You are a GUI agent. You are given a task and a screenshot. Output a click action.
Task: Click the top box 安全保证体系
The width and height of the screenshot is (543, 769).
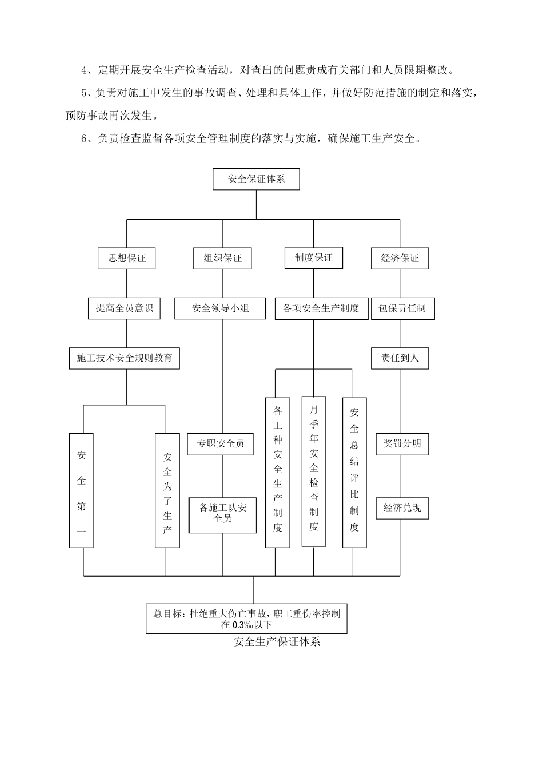[x=256, y=179]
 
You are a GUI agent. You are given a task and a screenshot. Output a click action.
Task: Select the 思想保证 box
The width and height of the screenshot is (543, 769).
[x=127, y=258]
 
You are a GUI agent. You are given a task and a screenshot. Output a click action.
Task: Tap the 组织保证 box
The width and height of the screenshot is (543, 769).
[x=222, y=258]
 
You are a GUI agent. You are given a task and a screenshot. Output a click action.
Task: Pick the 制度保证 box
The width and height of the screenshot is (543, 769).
[x=313, y=257]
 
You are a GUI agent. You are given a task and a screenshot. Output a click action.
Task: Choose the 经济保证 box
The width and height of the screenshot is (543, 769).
[x=400, y=258]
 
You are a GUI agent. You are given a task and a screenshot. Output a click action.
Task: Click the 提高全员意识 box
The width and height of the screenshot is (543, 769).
[x=124, y=308]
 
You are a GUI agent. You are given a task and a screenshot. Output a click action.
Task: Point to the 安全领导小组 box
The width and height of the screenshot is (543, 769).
[x=220, y=308]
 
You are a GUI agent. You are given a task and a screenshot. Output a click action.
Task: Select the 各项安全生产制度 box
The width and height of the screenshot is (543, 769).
[x=321, y=308]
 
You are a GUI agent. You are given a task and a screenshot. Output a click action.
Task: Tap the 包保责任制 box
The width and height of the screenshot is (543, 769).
[x=402, y=308]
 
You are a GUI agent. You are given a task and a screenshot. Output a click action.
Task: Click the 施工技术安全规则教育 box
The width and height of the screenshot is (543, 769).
[x=124, y=358]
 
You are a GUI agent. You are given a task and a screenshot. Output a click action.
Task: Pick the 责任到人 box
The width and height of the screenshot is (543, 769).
[x=400, y=358]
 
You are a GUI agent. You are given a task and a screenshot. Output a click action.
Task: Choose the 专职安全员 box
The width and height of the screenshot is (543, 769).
[x=221, y=443]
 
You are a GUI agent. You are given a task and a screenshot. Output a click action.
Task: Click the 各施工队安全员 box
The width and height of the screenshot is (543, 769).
[x=222, y=513]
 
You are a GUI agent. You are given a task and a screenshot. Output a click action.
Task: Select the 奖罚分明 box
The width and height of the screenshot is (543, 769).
[x=402, y=443]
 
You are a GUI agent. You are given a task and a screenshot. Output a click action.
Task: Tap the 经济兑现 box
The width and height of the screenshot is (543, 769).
[x=402, y=507]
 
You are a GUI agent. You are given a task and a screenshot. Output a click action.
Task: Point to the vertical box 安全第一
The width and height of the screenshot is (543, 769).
[x=82, y=490]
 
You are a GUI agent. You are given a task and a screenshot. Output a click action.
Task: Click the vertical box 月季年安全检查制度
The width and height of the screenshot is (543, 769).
[x=314, y=470]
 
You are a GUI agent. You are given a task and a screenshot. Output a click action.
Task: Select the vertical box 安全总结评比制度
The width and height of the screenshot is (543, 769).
[x=354, y=472]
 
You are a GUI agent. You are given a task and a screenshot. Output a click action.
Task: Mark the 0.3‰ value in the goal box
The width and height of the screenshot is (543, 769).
[x=243, y=625]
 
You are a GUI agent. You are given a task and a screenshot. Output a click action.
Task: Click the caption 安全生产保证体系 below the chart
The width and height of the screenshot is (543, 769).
[x=277, y=641]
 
